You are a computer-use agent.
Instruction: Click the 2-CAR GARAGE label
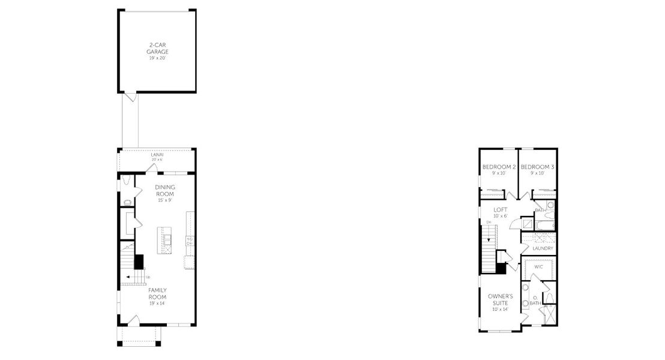[x=157, y=49]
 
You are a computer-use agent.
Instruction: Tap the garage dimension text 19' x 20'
[x=157, y=58]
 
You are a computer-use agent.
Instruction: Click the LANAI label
[x=157, y=155]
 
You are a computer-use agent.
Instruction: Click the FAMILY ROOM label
[x=158, y=293]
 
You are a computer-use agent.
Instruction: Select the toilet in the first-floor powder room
[x=128, y=202]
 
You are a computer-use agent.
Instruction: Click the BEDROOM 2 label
[x=499, y=167]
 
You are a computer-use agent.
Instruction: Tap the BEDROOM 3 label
[x=537, y=167]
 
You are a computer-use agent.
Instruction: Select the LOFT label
[x=501, y=210]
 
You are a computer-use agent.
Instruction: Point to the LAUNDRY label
[x=543, y=248]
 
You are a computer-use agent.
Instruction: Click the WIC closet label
[x=538, y=265]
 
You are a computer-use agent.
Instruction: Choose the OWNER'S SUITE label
[x=500, y=299]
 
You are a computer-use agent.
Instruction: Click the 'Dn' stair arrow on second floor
[x=490, y=238]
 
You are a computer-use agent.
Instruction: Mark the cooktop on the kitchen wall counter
[x=190, y=241]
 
